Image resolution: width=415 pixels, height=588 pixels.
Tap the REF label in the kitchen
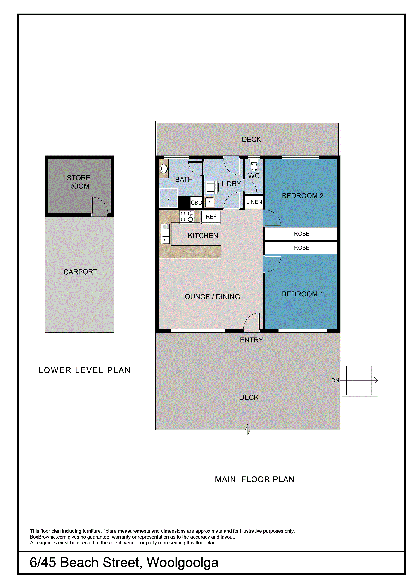[x=211, y=217]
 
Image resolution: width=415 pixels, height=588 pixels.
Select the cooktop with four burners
[x=187, y=217]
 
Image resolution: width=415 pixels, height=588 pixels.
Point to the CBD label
[x=196, y=203]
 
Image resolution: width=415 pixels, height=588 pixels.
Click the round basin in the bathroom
[x=164, y=168]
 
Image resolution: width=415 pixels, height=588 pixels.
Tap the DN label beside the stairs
[x=335, y=381]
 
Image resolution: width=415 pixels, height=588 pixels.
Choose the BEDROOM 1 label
[x=302, y=294]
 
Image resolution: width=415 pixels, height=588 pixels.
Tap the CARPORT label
[x=80, y=272]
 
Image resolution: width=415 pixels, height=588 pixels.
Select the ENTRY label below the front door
[x=251, y=340]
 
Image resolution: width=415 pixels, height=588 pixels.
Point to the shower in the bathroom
[x=168, y=198]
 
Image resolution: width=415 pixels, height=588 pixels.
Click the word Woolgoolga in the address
[x=183, y=563]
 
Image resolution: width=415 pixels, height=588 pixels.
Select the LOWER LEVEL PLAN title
[x=85, y=370]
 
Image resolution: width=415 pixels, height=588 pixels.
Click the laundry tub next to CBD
[x=210, y=202]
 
